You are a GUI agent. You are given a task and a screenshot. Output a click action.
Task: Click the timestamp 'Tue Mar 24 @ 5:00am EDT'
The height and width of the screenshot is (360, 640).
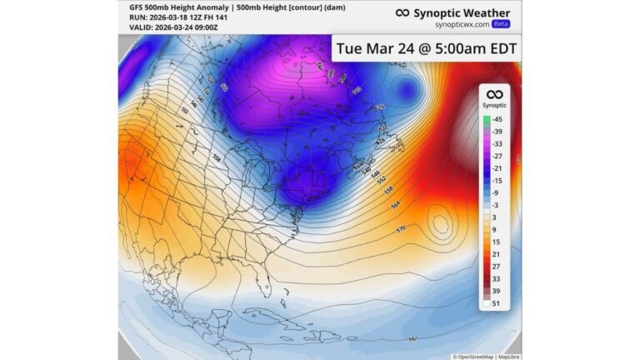tap(426, 48)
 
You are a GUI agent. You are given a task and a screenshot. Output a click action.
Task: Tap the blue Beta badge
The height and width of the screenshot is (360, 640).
tap(502, 23)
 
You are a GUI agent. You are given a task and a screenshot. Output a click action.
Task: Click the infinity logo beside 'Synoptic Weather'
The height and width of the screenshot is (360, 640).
tap(402, 12)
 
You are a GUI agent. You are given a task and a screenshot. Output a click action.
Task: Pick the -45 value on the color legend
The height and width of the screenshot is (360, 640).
tap(497, 119)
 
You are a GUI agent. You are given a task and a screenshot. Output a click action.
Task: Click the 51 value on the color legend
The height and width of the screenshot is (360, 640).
tap(497, 304)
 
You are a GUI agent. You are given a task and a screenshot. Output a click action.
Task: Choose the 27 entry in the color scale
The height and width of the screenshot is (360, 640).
tap(497, 267)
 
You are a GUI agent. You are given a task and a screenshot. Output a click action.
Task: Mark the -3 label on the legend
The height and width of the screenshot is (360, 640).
tap(497, 205)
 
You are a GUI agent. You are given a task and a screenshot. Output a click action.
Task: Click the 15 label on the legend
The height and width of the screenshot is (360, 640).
tap(497, 242)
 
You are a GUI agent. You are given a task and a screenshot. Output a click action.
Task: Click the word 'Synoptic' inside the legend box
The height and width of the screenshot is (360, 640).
tap(495, 106)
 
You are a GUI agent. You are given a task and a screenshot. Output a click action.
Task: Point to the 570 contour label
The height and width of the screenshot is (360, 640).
tap(400, 227)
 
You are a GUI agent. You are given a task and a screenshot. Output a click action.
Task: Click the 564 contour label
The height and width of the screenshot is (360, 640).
tap(395, 203)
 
